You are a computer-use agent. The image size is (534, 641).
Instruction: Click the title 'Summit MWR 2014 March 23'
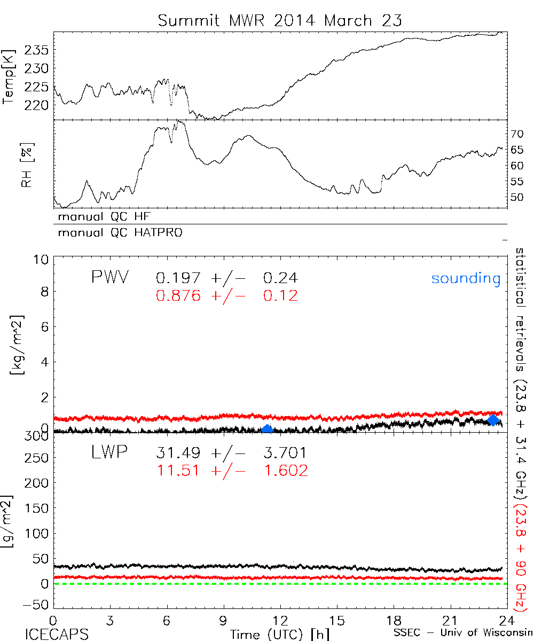280,21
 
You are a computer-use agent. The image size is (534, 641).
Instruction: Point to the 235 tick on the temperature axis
37,51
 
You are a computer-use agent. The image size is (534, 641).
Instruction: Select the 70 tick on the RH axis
517,133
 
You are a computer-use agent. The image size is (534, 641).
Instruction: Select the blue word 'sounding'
466,278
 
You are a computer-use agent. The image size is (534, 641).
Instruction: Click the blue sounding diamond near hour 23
493,420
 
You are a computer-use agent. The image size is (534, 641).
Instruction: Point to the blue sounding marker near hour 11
268,428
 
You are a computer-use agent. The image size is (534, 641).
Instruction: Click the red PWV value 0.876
178,295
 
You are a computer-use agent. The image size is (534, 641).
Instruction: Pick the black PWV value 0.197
178,278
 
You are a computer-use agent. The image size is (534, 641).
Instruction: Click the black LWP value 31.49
178,454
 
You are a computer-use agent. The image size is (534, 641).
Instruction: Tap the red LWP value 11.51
178,471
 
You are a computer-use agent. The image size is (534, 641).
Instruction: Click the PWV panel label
109,278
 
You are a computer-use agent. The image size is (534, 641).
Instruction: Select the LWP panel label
109,454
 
